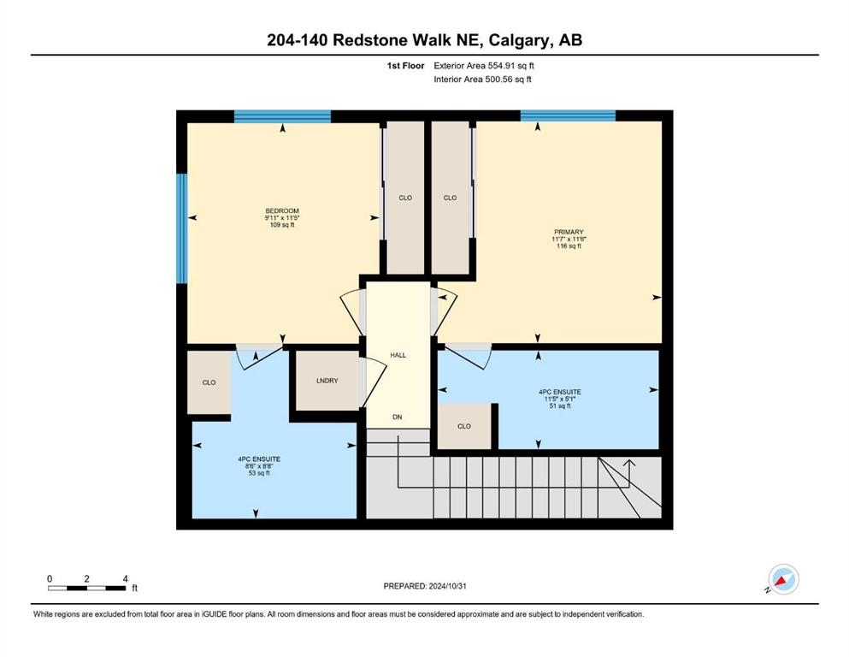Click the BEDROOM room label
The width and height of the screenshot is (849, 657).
282,210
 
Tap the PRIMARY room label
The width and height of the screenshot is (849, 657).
569,232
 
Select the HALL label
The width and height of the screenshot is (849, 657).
398,355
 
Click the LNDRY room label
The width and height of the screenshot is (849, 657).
327,381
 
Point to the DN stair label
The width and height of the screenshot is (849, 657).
398,417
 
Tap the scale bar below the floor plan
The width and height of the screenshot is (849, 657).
87,589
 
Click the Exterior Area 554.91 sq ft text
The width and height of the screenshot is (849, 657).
484,66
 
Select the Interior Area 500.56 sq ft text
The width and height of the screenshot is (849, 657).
482,79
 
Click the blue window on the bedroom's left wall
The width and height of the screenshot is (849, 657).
182,228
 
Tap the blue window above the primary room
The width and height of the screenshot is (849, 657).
568,115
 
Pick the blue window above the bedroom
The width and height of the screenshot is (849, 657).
282,116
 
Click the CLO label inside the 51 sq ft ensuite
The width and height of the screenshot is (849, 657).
464,426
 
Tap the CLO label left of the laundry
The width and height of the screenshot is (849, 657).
209,382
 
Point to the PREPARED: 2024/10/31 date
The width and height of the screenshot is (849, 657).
424,586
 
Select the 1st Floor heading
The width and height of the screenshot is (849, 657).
405,66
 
